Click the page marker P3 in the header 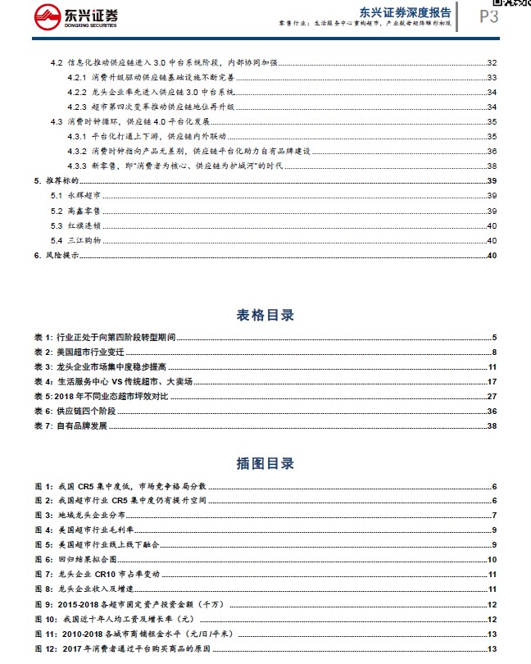(488, 16)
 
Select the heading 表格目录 (265, 315)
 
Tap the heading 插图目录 (265, 463)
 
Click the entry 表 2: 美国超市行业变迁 (79, 352)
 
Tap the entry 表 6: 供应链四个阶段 (79, 411)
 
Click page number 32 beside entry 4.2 (492, 63)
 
